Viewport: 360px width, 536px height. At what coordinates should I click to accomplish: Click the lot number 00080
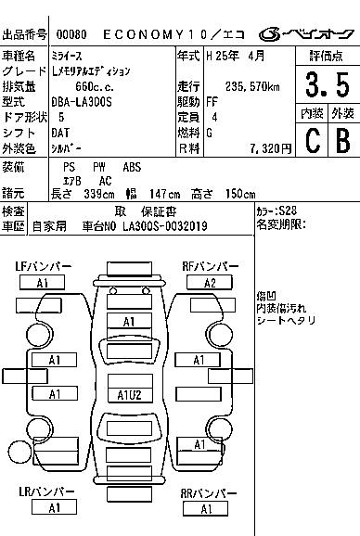71,35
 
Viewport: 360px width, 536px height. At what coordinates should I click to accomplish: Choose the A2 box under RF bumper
210,283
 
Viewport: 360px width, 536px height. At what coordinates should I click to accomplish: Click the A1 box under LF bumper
43,283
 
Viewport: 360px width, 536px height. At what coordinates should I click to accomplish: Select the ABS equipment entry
132,167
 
